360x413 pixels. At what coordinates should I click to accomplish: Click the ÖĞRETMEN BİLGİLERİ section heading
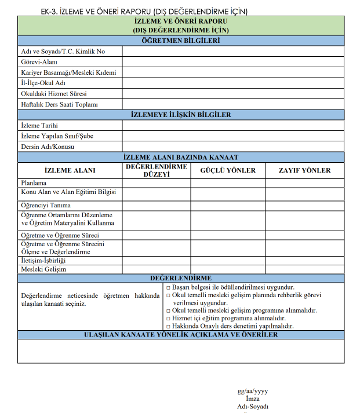(x=181, y=41)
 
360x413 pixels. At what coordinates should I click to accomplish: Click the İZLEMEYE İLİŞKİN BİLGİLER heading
(x=181, y=115)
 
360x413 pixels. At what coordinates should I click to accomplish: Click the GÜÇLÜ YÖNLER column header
(x=228, y=170)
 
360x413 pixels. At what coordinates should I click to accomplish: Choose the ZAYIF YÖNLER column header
(x=304, y=170)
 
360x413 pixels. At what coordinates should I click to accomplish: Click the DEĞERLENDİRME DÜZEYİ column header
(x=156, y=170)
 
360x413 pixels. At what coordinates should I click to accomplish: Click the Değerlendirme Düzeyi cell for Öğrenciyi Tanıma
(x=156, y=205)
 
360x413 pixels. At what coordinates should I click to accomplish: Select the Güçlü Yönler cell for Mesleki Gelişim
(x=228, y=269)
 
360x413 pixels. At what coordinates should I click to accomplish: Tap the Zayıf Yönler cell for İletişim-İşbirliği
(x=304, y=261)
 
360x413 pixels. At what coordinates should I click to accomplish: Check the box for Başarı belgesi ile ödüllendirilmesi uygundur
(x=168, y=287)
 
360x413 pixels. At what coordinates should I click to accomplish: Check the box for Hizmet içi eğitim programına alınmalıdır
(x=168, y=319)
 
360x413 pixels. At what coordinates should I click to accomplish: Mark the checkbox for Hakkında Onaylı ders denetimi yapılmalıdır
(x=168, y=326)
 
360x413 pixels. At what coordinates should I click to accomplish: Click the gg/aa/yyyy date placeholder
(x=253, y=391)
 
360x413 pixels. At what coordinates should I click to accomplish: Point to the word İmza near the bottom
(x=253, y=399)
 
